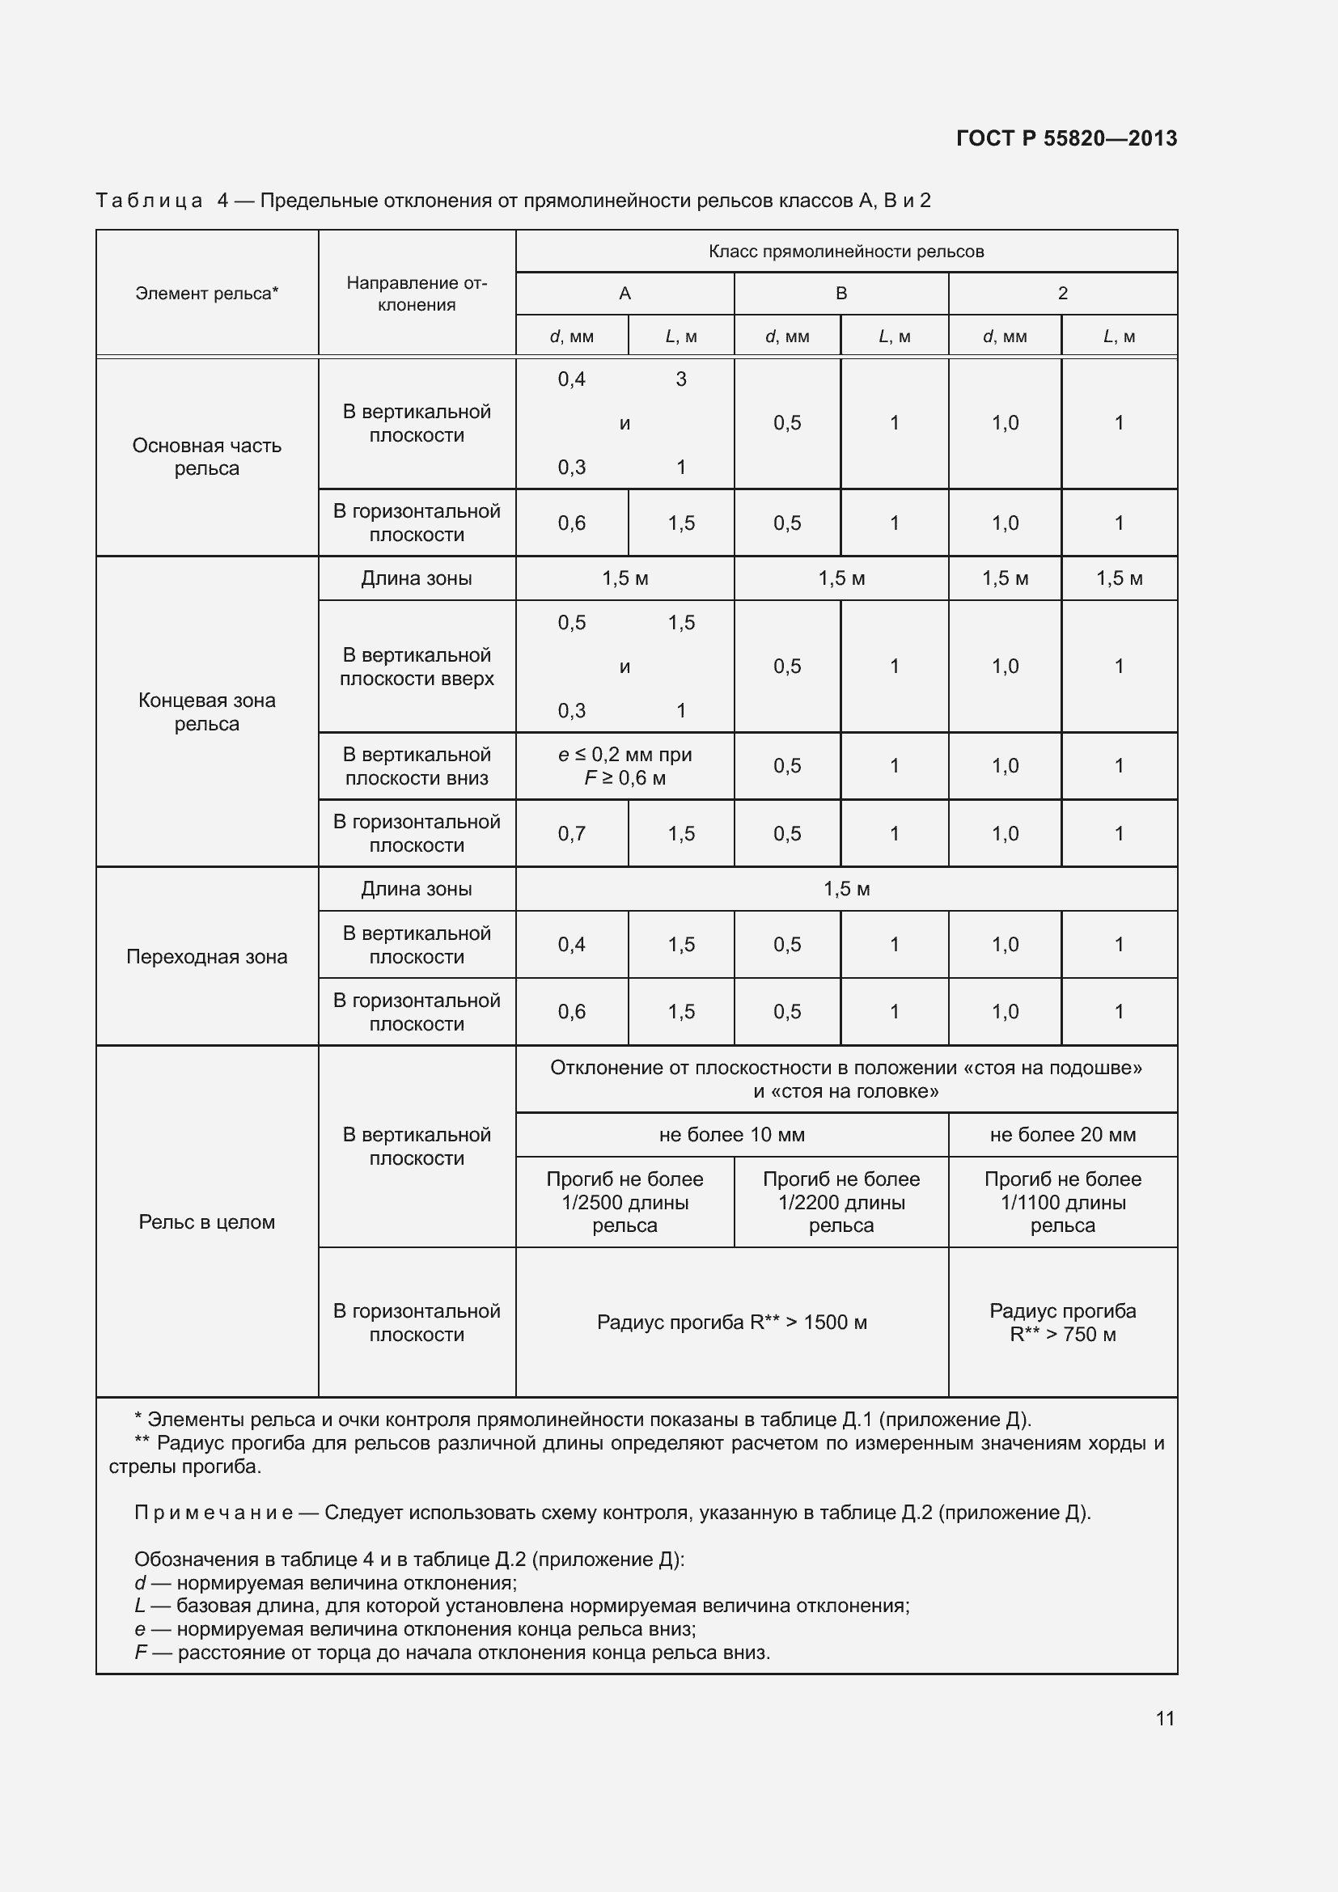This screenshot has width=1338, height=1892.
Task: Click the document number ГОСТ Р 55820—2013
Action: point(1066,138)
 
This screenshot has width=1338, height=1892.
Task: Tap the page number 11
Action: point(1164,1718)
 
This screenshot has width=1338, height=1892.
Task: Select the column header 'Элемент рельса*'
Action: point(207,294)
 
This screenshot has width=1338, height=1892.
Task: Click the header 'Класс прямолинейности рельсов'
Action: point(846,252)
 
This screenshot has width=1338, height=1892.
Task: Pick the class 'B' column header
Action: point(841,294)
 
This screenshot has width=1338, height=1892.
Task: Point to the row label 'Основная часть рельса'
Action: point(207,456)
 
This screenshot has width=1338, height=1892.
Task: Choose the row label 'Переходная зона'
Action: point(207,957)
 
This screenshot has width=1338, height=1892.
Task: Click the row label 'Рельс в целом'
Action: point(207,1222)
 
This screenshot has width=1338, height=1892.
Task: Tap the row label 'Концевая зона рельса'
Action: point(207,712)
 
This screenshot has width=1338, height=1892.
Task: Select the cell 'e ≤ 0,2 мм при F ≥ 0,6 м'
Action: point(625,766)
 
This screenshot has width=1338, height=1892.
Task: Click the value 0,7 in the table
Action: point(572,834)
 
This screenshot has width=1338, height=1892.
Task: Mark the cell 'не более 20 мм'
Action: point(1063,1135)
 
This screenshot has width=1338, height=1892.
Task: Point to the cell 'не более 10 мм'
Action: point(731,1135)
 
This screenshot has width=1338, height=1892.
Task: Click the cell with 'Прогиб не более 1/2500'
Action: point(625,1202)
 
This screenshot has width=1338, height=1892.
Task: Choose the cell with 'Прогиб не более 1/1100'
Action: point(1063,1202)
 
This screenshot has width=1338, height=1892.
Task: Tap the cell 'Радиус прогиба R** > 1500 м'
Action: point(731,1323)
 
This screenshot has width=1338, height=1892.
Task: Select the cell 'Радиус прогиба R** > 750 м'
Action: point(1063,1323)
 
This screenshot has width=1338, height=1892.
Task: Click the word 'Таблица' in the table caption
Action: point(149,201)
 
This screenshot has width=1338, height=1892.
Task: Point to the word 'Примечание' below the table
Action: point(214,1512)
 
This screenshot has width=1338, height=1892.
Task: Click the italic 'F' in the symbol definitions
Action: point(140,1653)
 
